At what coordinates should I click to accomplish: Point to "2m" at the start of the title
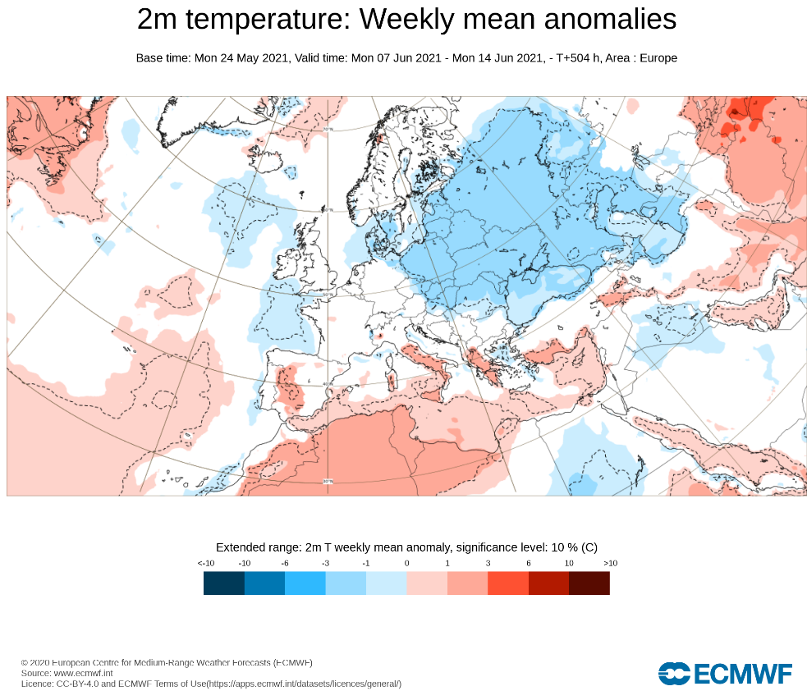coord(154,20)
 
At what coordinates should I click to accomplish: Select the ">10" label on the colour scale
coord(609,563)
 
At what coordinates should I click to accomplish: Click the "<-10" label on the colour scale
coord(205,563)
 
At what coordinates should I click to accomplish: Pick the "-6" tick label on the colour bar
coord(285,563)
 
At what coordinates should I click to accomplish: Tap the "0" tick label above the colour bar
coord(406,563)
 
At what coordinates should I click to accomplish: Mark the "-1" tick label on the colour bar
coord(366,563)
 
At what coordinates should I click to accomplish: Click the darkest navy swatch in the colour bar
coord(224,583)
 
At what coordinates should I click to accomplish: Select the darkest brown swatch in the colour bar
coord(589,583)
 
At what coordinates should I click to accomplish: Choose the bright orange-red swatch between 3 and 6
coord(508,583)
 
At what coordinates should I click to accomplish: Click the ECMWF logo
coord(725,674)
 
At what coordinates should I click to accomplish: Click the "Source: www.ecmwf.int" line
coord(66,673)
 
